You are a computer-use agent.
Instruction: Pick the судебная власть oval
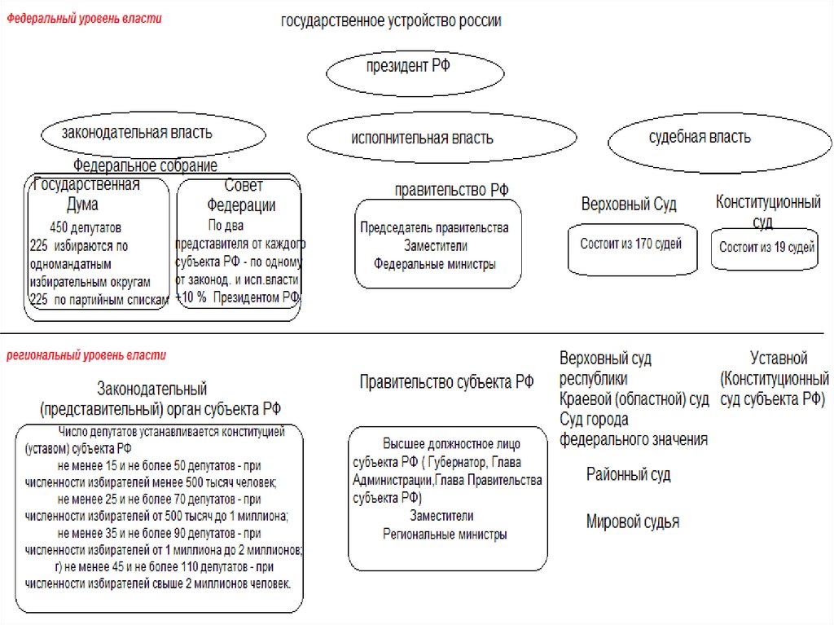point(700,138)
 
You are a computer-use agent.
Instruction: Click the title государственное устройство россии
point(391,21)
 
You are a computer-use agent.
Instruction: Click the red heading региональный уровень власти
point(86,355)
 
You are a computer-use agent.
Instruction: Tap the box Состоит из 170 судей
point(632,244)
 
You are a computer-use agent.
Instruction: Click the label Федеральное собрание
point(151,166)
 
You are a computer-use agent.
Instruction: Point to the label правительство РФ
point(451,190)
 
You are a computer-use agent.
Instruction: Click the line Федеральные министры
point(435,264)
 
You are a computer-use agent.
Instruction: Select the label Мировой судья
point(632,522)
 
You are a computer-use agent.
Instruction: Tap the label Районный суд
point(628,474)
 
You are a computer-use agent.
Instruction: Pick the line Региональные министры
point(445,535)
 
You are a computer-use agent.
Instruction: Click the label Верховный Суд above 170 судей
point(628,204)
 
